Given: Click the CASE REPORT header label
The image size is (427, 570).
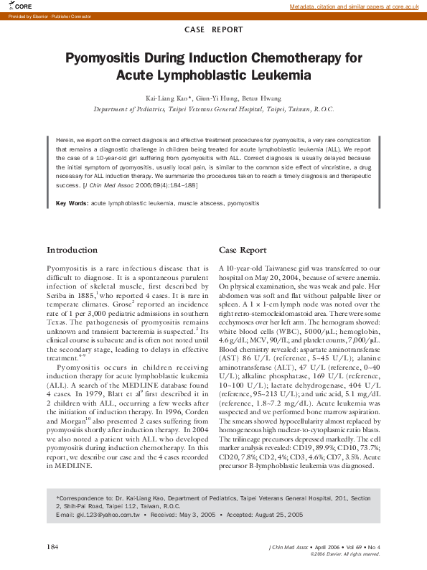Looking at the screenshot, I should point(213,30).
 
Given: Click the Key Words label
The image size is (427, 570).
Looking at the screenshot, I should point(72,204).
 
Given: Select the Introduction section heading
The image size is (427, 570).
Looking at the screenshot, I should point(72,250).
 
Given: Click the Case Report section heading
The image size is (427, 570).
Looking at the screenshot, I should point(243,250).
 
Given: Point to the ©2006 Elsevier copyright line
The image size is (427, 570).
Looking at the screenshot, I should point(344,554).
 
